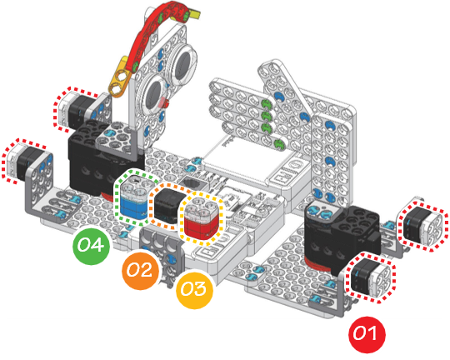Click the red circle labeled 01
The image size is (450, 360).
click(367, 335)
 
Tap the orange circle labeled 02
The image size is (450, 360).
click(140, 271)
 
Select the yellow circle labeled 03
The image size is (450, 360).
click(194, 289)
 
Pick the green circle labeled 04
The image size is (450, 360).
click(92, 246)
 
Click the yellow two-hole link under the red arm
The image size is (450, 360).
click(120, 77)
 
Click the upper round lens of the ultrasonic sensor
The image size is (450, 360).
click(183, 63)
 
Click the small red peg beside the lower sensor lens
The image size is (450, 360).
click(164, 102)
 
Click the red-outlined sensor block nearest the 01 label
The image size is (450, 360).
click(371, 277)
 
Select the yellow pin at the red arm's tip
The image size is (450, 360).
click(194, 15)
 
